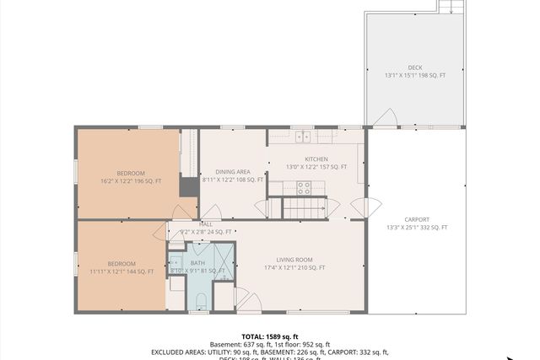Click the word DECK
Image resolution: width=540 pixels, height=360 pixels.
tap(415, 67)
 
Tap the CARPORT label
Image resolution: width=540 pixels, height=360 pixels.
tap(417, 219)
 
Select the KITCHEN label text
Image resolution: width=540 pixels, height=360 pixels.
tap(316, 159)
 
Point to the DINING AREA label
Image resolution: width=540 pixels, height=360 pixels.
tap(232, 171)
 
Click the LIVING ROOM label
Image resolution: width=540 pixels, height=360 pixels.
tap(294, 260)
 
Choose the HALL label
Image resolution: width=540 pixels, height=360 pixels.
tap(206, 224)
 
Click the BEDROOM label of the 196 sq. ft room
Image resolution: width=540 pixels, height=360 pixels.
tap(131, 173)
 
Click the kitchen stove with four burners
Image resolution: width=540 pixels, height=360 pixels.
tap(304, 188)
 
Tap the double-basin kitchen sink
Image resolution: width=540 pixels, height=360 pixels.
tap(303, 136)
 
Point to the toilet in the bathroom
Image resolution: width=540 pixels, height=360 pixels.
tap(202, 302)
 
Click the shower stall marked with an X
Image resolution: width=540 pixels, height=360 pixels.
tap(223, 261)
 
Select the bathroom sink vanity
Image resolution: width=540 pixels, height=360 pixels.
tap(176, 262)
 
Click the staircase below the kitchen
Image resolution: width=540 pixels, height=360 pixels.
tap(304, 207)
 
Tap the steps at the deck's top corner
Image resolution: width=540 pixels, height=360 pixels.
tap(451, 7)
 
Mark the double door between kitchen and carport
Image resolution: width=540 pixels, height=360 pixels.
tap(360, 207)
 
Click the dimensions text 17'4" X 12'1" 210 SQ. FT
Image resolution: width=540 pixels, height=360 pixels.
tap(294, 268)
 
